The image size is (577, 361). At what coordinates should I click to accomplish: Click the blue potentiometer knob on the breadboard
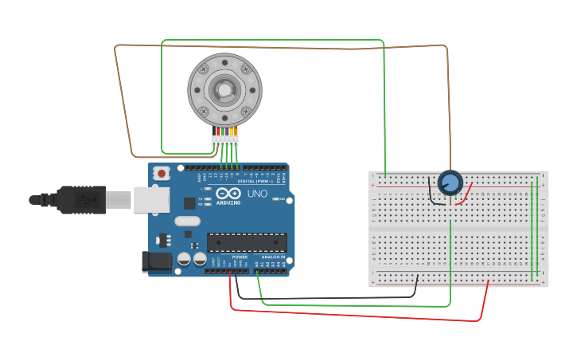coord(450,183)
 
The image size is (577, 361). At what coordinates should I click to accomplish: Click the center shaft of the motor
coord(224,89)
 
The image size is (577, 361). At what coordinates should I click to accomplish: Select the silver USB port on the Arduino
coord(151,200)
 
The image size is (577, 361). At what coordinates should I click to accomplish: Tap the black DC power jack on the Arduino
coord(156,262)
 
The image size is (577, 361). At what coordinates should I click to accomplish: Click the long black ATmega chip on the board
coord(247,242)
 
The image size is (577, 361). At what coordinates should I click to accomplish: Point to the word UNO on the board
coord(257,194)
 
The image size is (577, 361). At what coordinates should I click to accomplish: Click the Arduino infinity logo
coord(228,194)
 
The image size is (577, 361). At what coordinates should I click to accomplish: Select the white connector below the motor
coord(224,140)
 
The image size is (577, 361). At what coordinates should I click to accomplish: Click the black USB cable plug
coord(80,199)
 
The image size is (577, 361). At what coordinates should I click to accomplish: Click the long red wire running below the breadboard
coord(358,316)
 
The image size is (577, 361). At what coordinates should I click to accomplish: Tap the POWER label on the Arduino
coord(240,257)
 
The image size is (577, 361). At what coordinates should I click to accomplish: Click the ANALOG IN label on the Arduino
coord(274,257)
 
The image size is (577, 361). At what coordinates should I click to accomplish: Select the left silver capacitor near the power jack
coord(184,259)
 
